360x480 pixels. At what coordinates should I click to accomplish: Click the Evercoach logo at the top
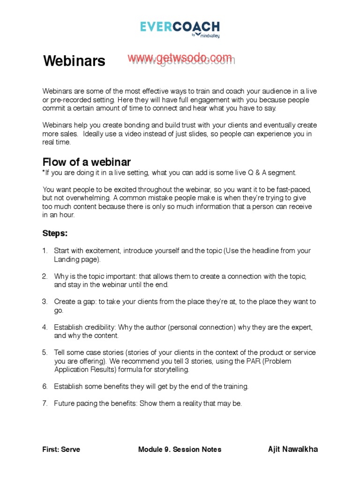(180, 27)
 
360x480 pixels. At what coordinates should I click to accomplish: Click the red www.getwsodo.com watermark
(180, 58)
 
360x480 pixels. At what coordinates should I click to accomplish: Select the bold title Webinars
(74, 61)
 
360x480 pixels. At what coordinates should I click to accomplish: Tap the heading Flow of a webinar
(87, 162)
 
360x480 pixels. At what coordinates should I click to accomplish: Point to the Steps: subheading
(55, 233)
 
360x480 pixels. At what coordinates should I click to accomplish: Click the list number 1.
(45, 251)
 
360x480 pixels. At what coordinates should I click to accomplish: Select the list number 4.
(45, 327)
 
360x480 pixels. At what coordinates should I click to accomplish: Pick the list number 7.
(45, 403)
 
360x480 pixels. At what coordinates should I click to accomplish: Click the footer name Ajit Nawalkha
(292, 449)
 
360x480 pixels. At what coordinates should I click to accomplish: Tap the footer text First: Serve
(61, 450)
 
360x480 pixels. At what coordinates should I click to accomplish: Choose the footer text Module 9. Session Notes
(180, 450)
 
